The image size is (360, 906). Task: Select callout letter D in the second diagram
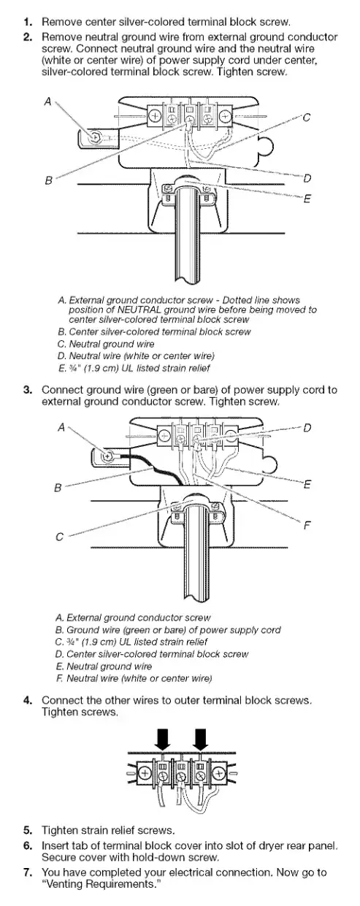tap(307, 428)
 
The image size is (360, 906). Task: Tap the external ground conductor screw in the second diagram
tap(107, 457)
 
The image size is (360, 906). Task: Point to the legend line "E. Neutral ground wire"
tap(104, 666)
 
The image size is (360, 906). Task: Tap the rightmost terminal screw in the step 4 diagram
tap(219, 773)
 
